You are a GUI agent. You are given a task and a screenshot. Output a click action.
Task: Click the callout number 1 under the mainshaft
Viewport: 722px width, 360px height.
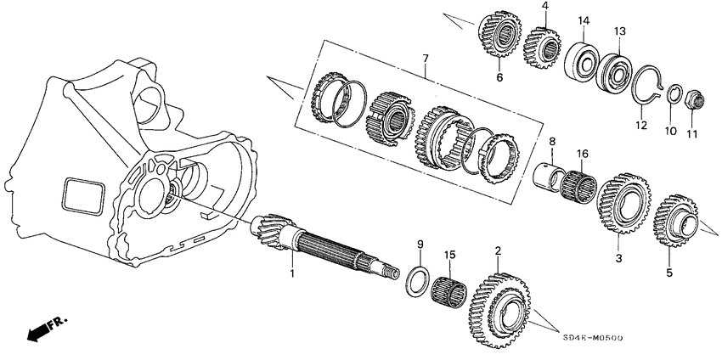point(293,273)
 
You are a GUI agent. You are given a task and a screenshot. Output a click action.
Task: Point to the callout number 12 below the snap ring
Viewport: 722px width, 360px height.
point(641,125)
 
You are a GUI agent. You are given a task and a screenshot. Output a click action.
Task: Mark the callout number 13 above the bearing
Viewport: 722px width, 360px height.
point(620,31)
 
